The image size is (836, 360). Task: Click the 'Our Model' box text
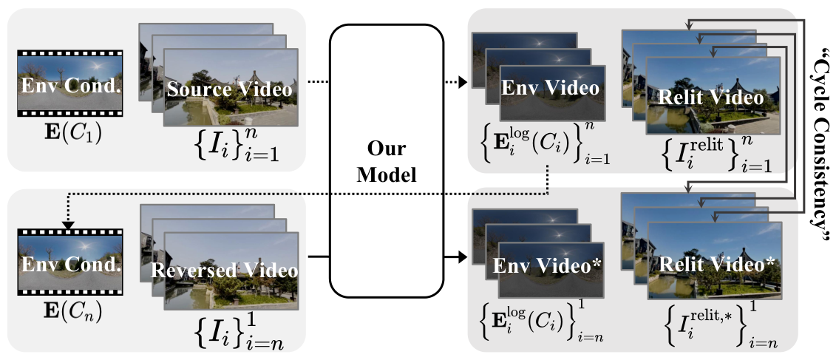(x=387, y=161)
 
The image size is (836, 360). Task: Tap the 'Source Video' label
(x=230, y=89)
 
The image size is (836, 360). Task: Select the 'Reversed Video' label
(x=225, y=271)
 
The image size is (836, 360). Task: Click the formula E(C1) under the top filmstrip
(x=69, y=130)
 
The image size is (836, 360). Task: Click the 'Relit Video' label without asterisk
(x=710, y=98)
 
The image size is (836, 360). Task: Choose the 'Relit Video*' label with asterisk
(x=717, y=265)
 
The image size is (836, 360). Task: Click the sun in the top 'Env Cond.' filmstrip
(x=97, y=65)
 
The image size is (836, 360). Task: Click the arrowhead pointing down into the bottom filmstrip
(x=68, y=226)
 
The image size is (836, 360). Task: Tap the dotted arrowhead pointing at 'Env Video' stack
(x=463, y=81)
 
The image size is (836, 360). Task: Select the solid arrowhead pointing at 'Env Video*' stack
(x=463, y=259)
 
